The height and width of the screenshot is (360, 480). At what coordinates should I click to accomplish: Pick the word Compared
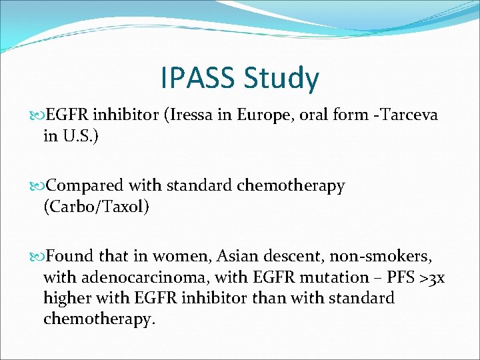pyautogui.click(x=89, y=186)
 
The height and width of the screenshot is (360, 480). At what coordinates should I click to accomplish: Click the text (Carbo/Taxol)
pyautogui.click(x=97, y=207)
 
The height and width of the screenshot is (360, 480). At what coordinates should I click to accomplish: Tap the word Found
pyautogui.click(x=70, y=257)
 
